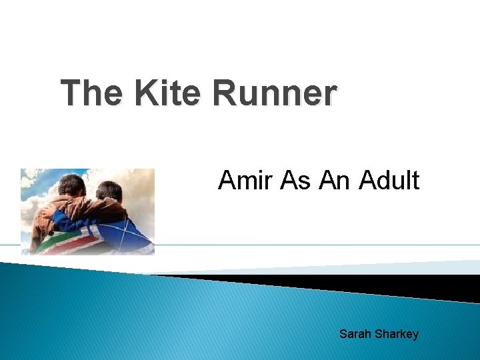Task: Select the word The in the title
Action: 92,94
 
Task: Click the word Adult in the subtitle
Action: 389,180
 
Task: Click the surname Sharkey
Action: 397,333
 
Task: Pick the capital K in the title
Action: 145,94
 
